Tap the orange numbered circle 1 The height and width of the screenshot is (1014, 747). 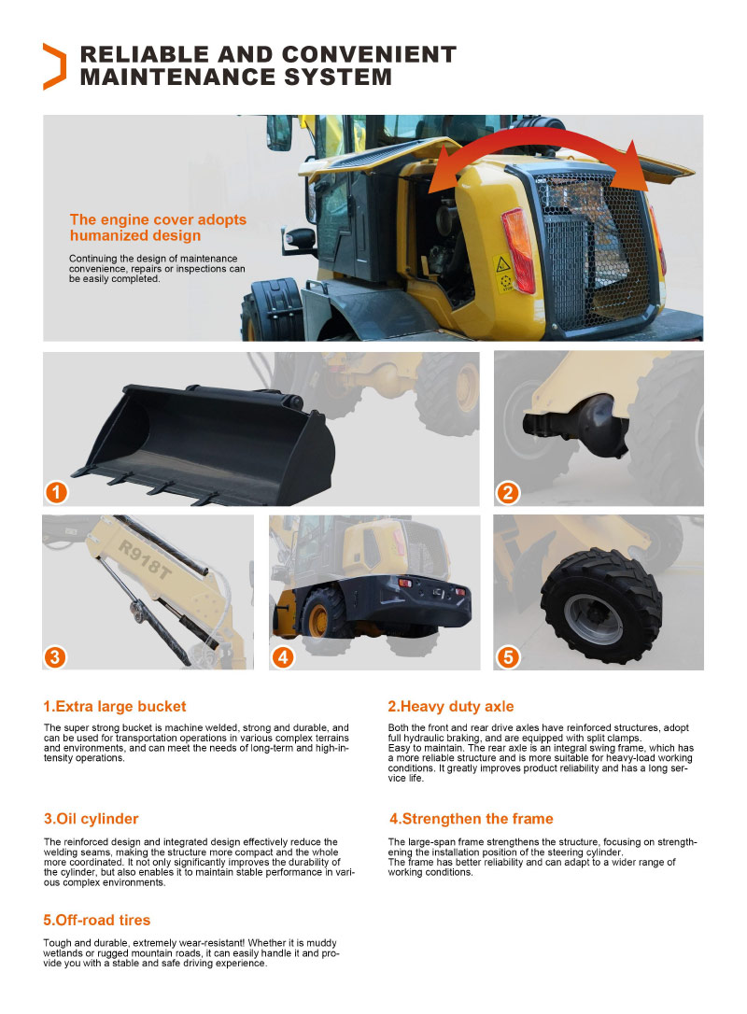(56, 493)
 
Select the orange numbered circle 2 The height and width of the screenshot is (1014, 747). (508, 493)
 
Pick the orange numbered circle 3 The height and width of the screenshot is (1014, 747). (55, 657)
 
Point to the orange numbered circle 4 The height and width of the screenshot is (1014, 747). (283, 657)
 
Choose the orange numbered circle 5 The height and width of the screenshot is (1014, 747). (508, 657)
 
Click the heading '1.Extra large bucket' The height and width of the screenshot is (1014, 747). (115, 706)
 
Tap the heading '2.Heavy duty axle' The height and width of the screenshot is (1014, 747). (451, 706)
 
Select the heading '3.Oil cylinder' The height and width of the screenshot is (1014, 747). (92, 819)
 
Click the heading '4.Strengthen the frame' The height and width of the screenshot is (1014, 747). (471, 819)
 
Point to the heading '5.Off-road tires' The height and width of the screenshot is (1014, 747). (96, 920)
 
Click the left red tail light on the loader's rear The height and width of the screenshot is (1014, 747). (518, 251)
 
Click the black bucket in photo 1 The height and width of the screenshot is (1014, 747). (207, 444)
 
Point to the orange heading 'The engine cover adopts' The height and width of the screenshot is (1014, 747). (158, 219)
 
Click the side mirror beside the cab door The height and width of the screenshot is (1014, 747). (300, 240)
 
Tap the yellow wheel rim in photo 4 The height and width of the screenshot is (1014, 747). (317, 620)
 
